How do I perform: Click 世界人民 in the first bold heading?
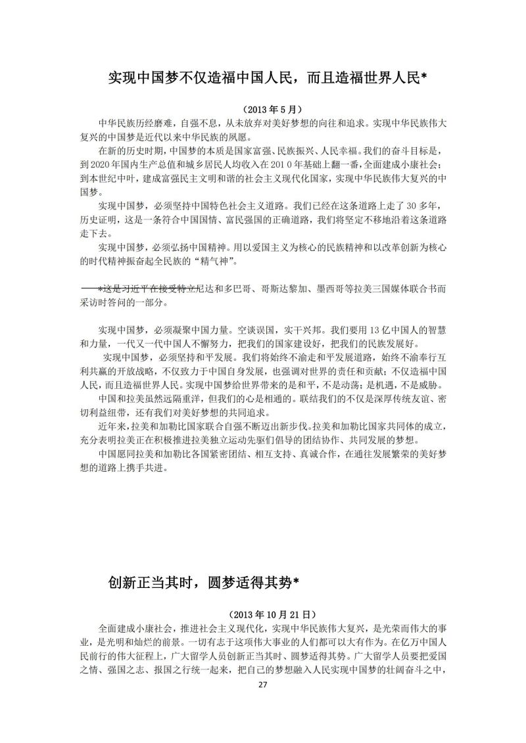coord(387,78)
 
